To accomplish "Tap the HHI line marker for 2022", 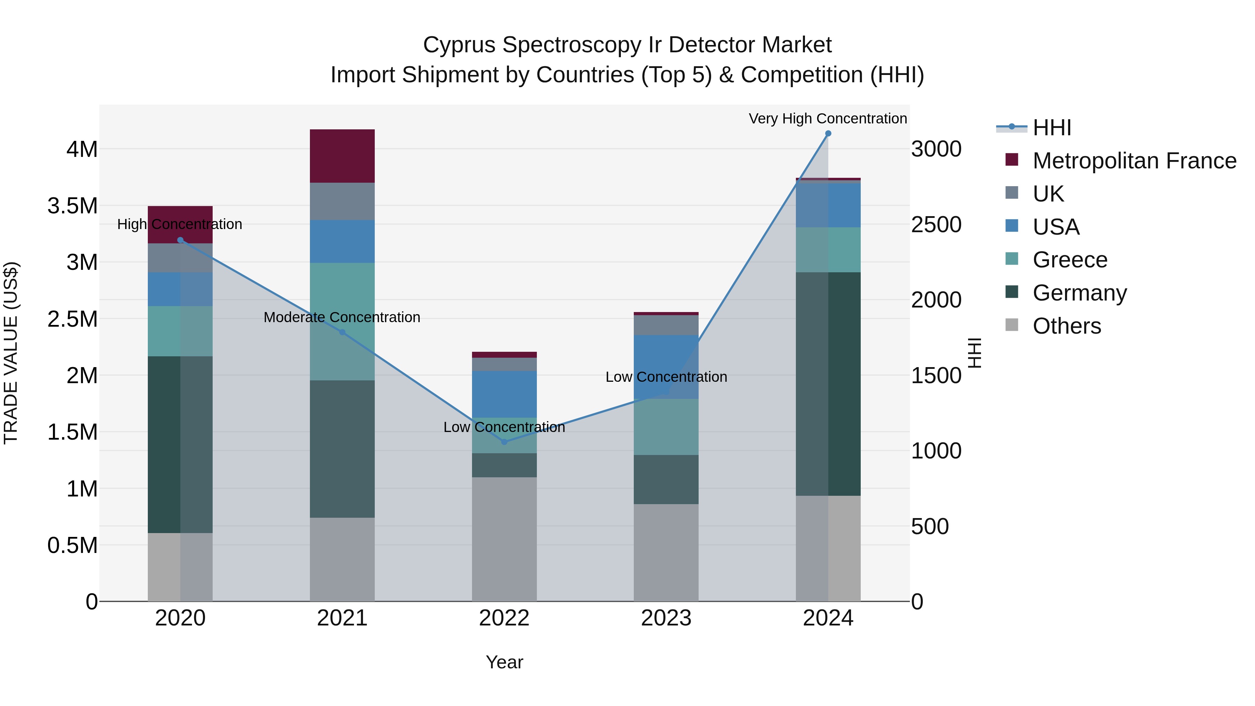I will click(x=504, y=442).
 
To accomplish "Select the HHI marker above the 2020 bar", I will click(x=180, y=240).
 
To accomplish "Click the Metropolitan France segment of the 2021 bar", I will click(x=342, y=156).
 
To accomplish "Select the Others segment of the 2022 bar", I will click(x=504, y=538).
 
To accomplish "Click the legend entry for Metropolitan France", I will click(x=1134, y=161).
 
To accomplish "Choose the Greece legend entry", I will click(x=1070, y=260).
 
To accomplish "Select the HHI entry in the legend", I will click(x=1051, y=128).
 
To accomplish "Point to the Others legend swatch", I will click(x=1012, y=325).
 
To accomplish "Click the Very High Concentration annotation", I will click(x=827, y=119).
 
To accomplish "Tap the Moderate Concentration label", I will click(x=342, y=317).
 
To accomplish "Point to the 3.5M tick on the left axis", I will click(x=73, y=206).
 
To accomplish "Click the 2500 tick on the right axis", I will click(x=936, y=225).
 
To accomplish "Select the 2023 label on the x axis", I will click(x=666, y=618).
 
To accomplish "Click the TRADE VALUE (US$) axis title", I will click(x=11, y=353).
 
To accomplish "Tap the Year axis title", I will click(x=504, y=662).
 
